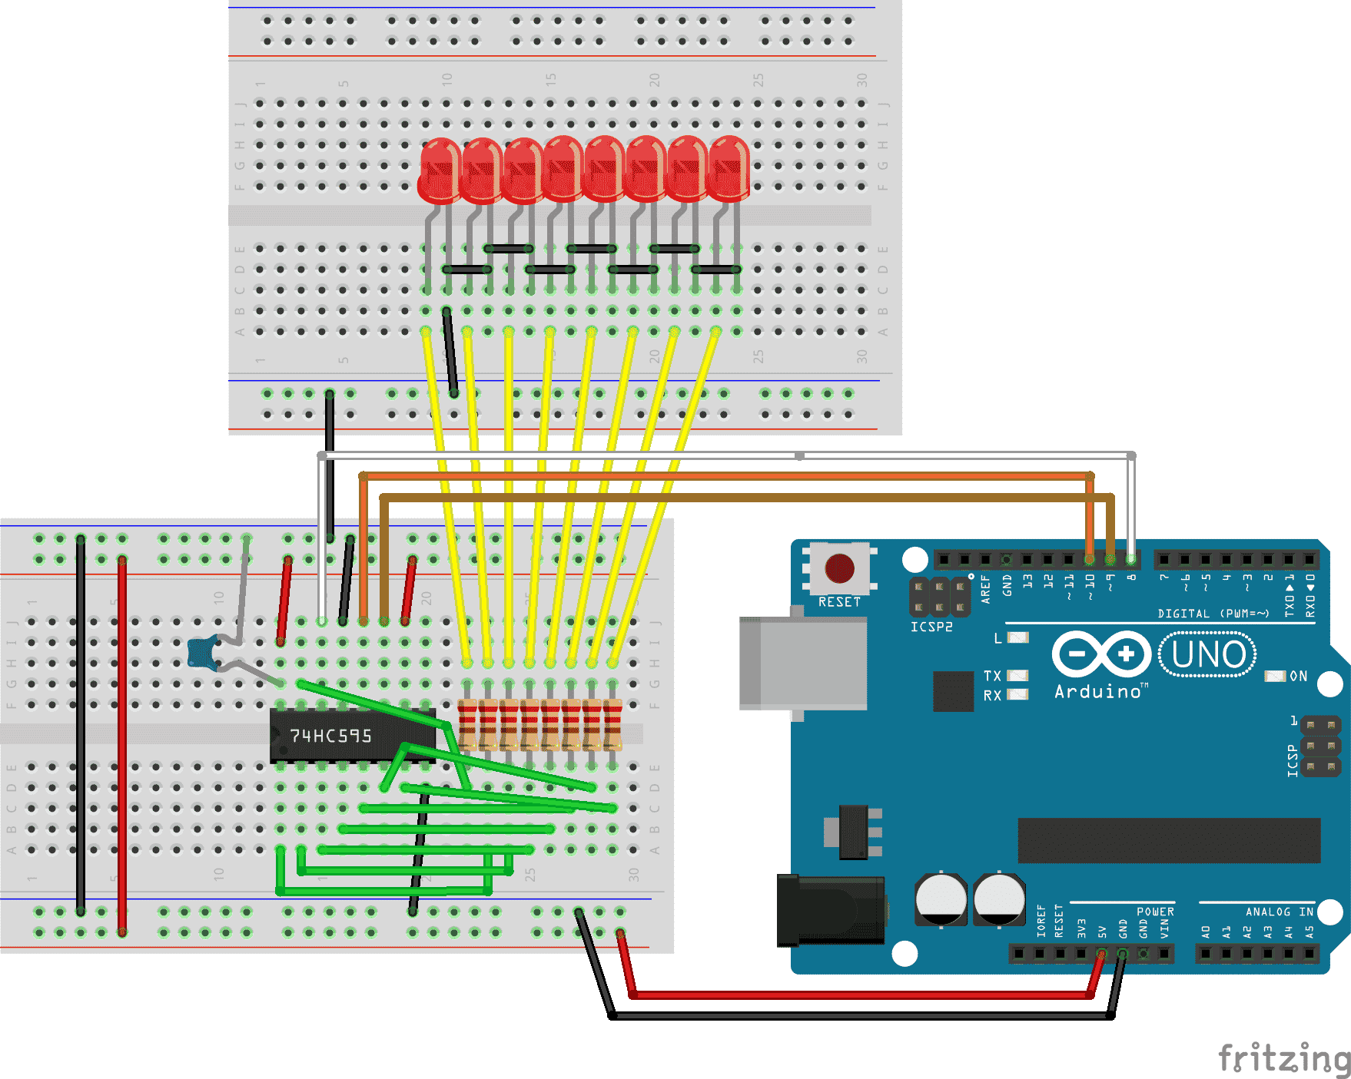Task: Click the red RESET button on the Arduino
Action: coord(839,568)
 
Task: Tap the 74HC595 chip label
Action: coord(330,736)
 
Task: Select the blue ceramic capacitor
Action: coord(201,653)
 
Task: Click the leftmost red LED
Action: coord(440,171)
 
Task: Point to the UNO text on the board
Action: coord(1207,655)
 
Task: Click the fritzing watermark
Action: coord(1283,1058)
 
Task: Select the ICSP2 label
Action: coord(931,627)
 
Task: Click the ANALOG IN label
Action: coord(1279,912)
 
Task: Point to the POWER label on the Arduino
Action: coord(1155,912)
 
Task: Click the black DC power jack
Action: coord(830,911)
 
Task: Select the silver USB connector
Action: coord(803,663)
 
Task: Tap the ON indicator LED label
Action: coord(1298,677)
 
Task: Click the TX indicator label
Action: coord(992,676)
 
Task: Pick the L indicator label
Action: coord(997,638)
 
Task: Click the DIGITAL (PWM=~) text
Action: coord(1213,614)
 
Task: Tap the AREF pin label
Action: coord(986,589)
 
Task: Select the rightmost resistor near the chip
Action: coord(612,723)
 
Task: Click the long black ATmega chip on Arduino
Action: coord(1168,840)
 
